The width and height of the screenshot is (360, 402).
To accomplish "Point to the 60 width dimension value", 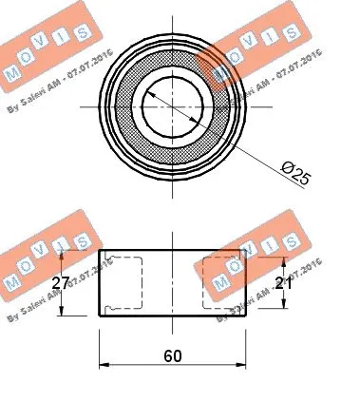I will tap(172, 356).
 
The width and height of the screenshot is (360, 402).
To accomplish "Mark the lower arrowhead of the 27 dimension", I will tap(64, 314).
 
